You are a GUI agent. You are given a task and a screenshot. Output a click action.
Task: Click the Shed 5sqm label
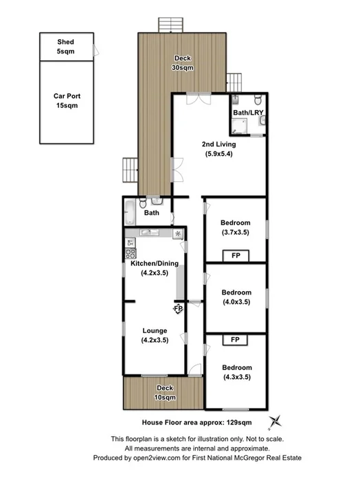point(65,46)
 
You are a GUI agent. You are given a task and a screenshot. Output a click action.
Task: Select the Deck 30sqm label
point(181,63)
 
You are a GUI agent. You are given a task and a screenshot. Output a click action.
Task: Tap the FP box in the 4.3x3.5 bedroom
point(235,340)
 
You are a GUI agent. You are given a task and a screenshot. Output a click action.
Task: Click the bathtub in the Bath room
point(131,214)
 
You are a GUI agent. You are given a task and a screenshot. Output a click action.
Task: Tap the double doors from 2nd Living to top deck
point(196,96)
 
